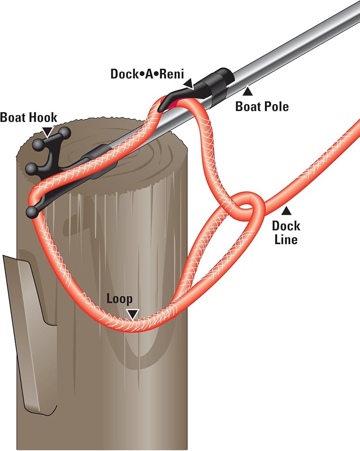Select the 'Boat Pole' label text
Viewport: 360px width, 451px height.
(262, 106)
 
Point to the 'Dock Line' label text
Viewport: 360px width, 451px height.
(286, 232)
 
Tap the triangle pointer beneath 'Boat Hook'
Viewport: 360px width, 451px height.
(47, 131)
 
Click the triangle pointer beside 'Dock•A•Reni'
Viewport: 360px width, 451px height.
(188, 83)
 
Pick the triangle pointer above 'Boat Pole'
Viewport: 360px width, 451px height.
(246, 92)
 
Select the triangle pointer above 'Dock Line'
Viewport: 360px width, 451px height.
(286, 210)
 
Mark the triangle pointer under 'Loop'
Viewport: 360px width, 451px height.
(132, 314)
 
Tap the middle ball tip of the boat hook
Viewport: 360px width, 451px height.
(31, 169)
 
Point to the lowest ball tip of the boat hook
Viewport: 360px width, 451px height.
(32, 212)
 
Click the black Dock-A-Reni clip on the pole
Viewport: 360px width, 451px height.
(212, 84)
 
